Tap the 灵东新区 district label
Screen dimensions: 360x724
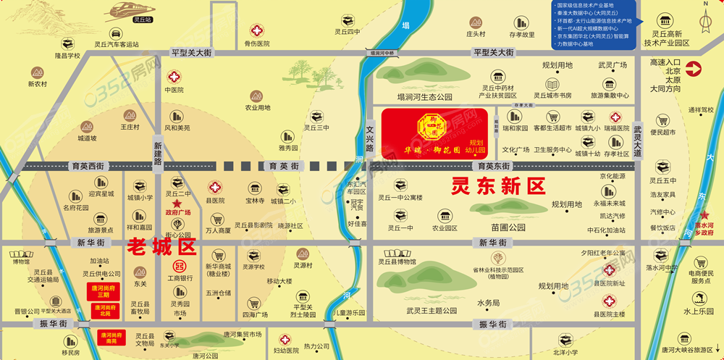coord(497,187)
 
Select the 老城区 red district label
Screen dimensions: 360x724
coord(161,246)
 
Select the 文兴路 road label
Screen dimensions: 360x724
coord(370,136)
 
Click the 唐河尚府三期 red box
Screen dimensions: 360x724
coord(104,290)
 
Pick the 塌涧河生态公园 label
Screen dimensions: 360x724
coord(424,96)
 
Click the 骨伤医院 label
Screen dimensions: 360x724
coord(256,43)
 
